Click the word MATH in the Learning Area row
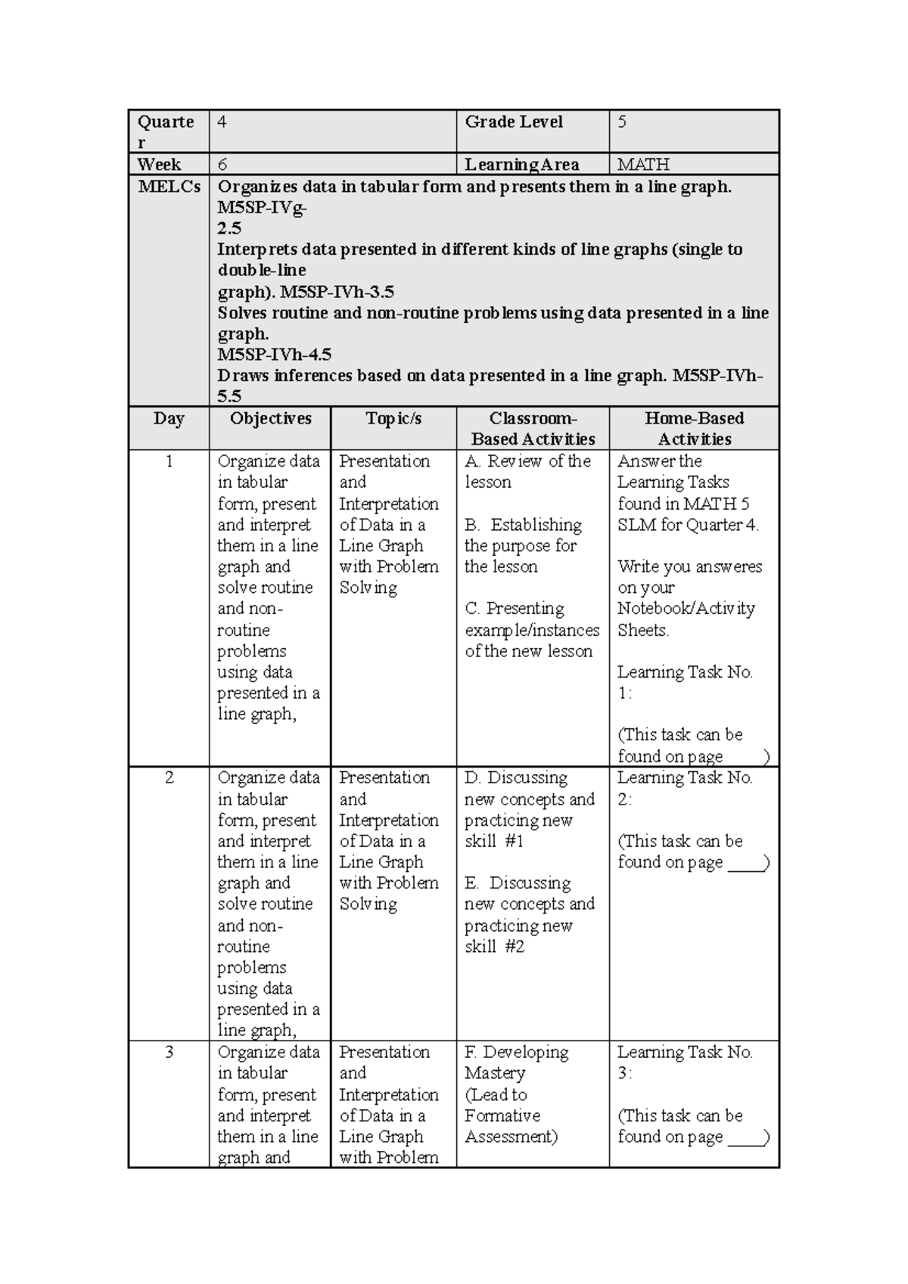tap(643, 165)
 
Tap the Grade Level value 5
tap(622, 122)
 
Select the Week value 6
tap(222, 165)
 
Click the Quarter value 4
tap(222, 122)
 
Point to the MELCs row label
tap(169, 187)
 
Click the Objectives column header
tap(270, 419)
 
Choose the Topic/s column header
tap(393, 419)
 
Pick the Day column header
tap(169, 419)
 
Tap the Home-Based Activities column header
tap(694, 429)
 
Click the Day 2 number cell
tap(169, 778)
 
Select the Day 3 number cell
tap(169, 1053)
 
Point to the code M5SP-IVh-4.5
tap(274, 355)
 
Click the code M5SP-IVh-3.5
tap(337, 292)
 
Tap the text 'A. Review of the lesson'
tap(527, 471)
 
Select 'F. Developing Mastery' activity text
tap(517, 1062)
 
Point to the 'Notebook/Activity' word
tap(686, 609)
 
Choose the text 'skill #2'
tap(494, 947)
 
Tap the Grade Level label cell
tap(514, 122)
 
